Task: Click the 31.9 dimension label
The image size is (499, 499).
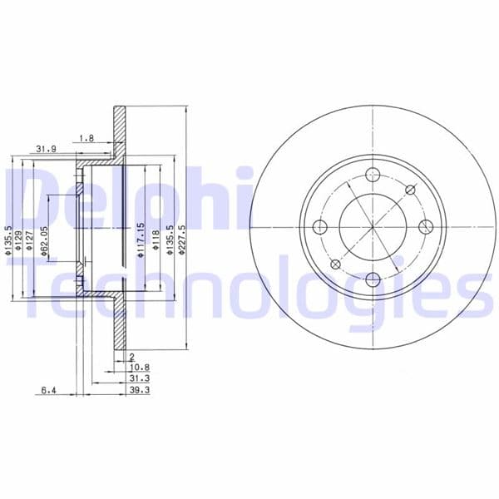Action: pos(46,149)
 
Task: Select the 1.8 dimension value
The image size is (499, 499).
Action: pos(86,137)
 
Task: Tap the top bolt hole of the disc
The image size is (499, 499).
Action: pos(373,175)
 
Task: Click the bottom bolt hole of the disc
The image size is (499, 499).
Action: pos(373,279)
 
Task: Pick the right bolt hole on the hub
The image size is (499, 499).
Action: pos(425,227)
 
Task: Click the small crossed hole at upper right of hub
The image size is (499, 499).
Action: pos(410,190)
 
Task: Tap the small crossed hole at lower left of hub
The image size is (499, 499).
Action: pos(335,264)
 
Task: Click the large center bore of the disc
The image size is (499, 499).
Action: pos(373,227)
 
